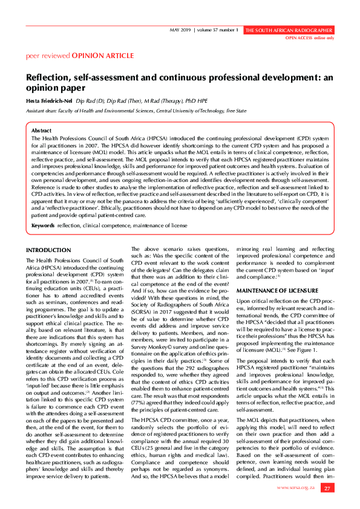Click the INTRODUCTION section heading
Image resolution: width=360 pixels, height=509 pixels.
[48, 250]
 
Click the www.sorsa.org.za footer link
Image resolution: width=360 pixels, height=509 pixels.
[296, 487]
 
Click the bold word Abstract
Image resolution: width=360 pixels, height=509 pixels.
[41, 131]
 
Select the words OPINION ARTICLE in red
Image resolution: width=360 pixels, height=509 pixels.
[103, 56]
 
